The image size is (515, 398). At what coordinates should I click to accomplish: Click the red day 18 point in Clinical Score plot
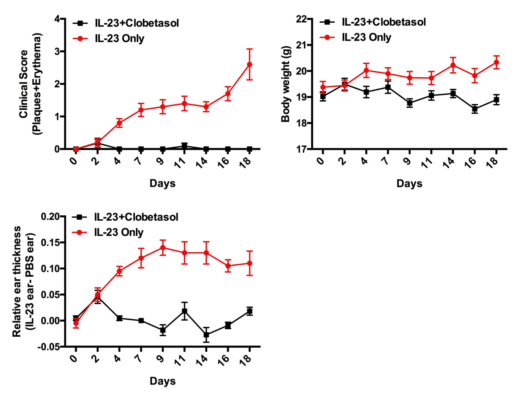249,64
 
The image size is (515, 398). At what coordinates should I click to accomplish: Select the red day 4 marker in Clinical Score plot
119,123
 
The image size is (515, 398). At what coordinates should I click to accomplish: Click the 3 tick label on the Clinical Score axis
57,51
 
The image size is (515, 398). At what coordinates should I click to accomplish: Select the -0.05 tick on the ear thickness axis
49,347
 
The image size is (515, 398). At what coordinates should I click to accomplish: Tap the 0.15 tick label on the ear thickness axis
50,242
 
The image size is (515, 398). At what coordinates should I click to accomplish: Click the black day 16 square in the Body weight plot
475,109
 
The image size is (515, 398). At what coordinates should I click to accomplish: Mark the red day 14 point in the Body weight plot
453,65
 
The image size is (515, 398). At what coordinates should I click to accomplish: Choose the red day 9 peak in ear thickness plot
163,247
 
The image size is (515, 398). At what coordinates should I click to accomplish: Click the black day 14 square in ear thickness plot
206,335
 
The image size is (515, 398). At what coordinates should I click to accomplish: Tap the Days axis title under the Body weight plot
409,183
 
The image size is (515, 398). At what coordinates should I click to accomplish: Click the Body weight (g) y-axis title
286,84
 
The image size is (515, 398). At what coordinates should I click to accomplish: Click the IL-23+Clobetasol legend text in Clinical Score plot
137,23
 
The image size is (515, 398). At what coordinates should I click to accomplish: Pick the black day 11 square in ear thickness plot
184,311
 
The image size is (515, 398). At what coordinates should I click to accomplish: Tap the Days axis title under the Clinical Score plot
163,183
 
